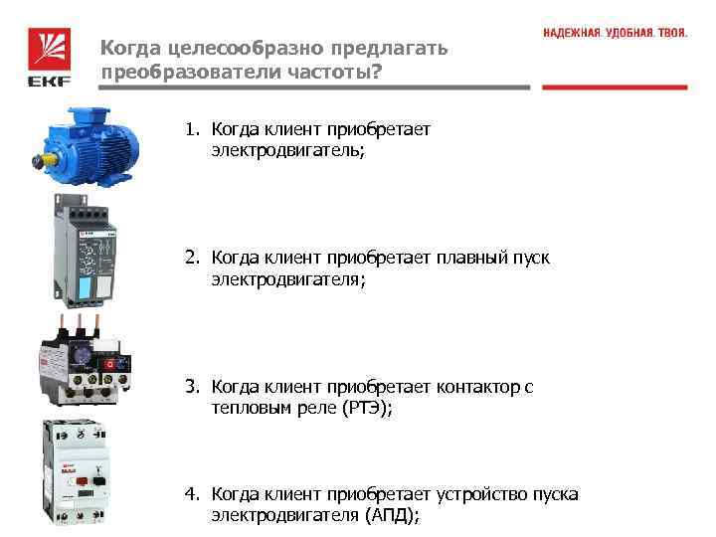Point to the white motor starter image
pyautogui.click(x=81, y=473)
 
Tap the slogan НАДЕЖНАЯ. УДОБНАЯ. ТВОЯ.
pyautogui.click(x=615, y=33)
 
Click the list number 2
pyautogui.click(x=190, y=259)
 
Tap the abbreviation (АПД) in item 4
pyautogui.click(x=393, y=515)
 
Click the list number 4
pyautogui.click(x=190, y=494)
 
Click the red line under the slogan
pyautogui.click(x=615, y=88)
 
